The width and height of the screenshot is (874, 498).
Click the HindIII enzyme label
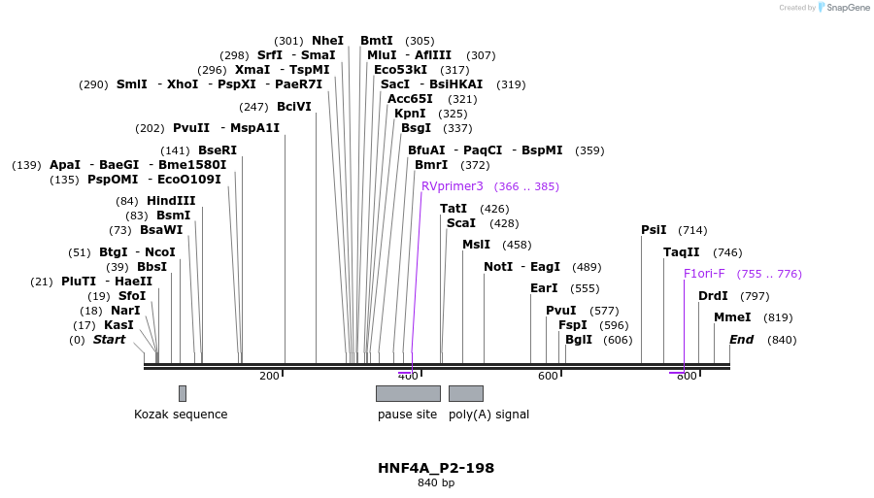(171, 201)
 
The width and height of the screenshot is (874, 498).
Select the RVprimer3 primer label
(452, 186)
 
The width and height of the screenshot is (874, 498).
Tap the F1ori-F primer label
(704, 274)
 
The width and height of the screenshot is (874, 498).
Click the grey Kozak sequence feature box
(182, 393)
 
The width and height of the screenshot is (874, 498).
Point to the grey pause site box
(408, 393)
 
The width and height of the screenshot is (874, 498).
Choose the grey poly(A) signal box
(466, 393)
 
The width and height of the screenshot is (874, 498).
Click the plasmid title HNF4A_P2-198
(436, 468)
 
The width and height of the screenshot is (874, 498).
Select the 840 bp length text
(436, 482)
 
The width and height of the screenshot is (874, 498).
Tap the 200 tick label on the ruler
(269, 376)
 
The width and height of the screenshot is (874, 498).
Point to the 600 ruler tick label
(548, 376)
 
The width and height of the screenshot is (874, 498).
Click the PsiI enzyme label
(654, 230)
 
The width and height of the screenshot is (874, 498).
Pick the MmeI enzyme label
(732, 317)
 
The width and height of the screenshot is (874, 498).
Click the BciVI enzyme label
(293, 107)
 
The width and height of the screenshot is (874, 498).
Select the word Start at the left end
(109, 340)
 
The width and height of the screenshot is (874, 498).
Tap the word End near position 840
(741, 340)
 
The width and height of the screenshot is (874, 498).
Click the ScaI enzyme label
(461, 223)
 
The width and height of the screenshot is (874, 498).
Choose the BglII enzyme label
(579, 340)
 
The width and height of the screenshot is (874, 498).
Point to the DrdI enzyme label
(713, 296)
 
